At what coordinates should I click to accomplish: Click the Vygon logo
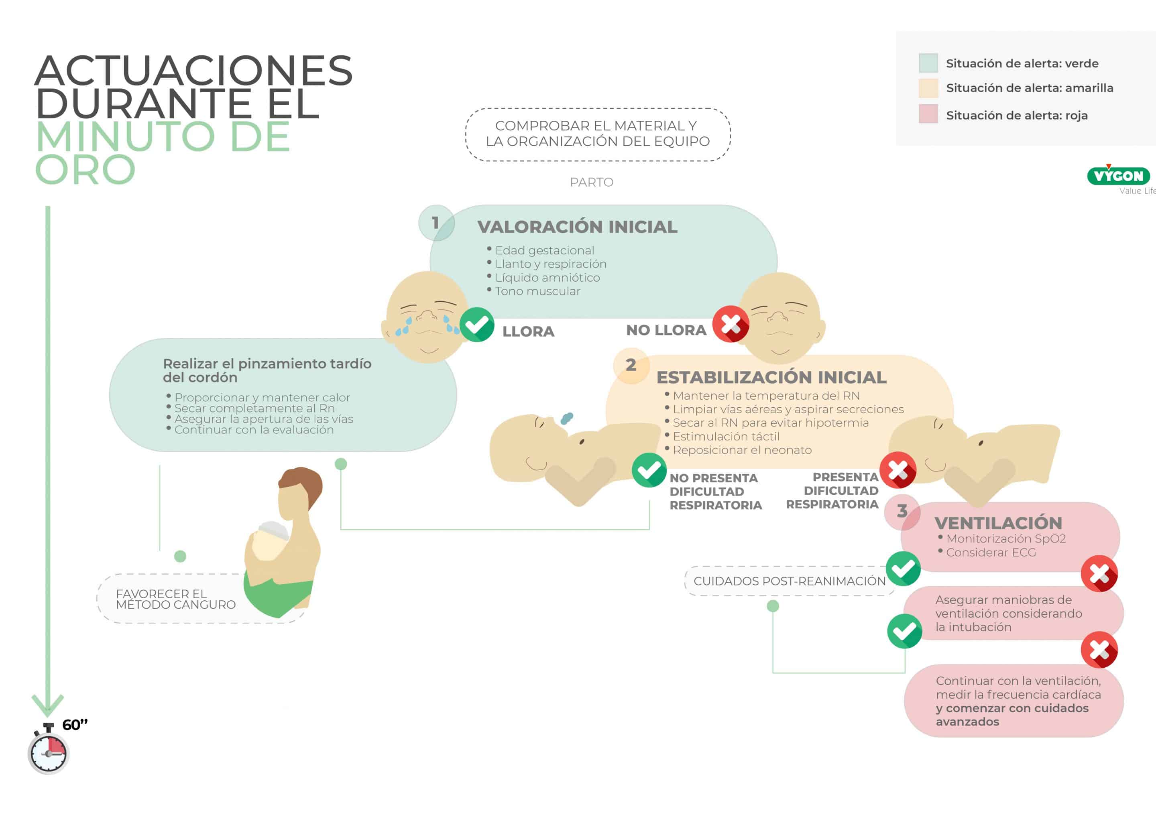[x=1118, y=176]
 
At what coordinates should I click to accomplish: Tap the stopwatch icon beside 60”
[x=48, y=752]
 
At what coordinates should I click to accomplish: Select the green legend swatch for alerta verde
[x=928, y=63]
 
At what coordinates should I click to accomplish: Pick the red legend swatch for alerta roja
[x=928, y=114]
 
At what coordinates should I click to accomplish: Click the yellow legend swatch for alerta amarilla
[x=928, y=88]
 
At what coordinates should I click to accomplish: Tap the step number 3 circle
[x=902, y=512]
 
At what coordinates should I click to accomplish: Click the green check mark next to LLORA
[x=477, y=325]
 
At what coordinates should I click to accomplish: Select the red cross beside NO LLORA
[x=731, y=324]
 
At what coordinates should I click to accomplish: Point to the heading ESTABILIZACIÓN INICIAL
[x=771, y=378]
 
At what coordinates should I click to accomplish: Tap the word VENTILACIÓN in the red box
[x=998, y=523]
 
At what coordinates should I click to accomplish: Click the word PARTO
[x=592, y=182]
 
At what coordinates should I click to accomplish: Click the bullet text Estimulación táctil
[x=726, y=437]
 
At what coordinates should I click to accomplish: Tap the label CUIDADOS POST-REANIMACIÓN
[x=789, y=581]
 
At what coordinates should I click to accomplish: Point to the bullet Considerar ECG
[x=990, y=553]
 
